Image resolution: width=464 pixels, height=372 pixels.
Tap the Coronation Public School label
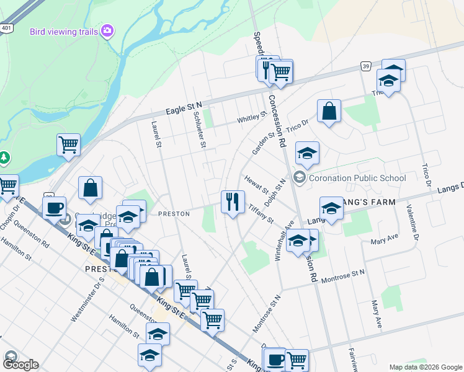(x=357, y=178)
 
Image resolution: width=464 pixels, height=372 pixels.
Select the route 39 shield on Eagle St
(x=367, y=66)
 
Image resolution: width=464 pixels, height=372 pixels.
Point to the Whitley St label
(x=251, y=117)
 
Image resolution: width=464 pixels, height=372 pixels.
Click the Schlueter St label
(x=199, y=128)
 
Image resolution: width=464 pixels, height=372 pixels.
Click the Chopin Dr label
(x=11, y=215)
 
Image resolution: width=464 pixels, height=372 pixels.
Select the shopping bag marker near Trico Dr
(x=329, y=112)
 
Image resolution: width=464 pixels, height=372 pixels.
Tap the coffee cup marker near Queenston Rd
(x=55, y=208)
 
